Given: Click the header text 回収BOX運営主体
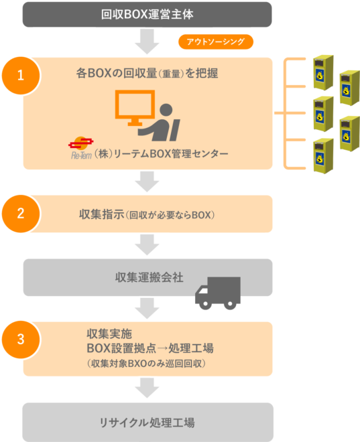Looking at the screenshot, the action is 147,14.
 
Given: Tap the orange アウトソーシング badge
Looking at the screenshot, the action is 216,42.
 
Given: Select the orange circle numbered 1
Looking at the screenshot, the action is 21,76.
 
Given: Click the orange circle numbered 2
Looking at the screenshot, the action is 21,214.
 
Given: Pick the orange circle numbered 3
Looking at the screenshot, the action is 21,340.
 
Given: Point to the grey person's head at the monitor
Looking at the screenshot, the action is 166,110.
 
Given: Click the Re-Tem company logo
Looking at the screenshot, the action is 81,148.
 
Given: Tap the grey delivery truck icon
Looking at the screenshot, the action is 218,293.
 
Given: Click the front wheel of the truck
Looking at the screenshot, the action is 205,304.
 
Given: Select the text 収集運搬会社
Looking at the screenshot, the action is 149,277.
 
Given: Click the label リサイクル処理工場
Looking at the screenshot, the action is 147,423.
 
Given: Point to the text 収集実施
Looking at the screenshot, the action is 109,334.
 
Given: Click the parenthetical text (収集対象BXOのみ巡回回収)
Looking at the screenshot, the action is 146,364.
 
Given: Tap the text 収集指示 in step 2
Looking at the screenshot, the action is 102,214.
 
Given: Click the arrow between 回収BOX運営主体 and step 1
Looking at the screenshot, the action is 147,42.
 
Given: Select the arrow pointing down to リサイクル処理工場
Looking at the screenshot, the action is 147,388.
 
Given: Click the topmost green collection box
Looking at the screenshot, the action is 324,72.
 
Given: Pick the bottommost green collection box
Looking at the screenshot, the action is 324,156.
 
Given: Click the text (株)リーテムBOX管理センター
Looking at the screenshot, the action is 162,154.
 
